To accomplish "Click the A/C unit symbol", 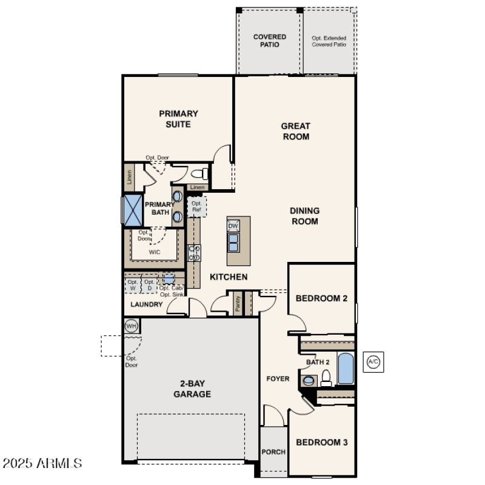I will pos(373,362).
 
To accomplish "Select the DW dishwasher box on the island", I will pos(233,226).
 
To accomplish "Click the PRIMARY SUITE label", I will pos(178,119).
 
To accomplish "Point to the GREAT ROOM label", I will pos(295,131).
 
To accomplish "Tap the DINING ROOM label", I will pos(304,216).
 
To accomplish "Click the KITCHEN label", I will pos(228,277).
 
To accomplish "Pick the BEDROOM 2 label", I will pos(321,298).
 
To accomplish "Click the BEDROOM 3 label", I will pos(321,442).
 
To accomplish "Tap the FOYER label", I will pos(278,379).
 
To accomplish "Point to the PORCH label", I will pos(273,452).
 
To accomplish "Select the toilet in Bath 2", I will pos(326,378).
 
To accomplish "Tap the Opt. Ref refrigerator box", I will pos(196,207).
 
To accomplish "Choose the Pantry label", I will pos(238,304).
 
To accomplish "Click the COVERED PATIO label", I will pos(269,41).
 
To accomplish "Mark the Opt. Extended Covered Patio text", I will pos(329,41).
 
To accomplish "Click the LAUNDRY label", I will pos(146,304).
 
